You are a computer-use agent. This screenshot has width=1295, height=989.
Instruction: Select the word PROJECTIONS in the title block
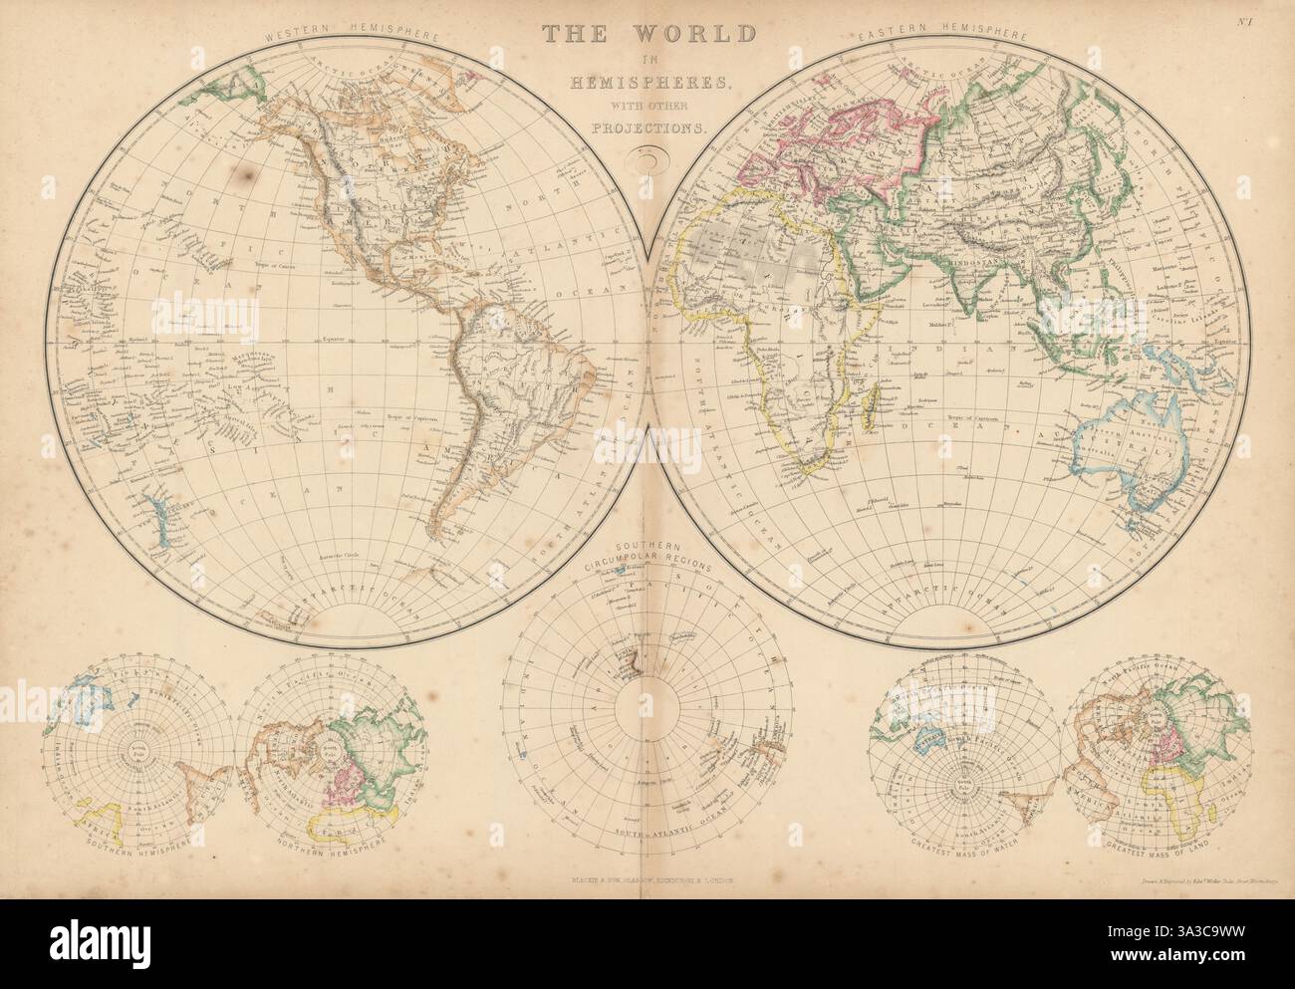coord(647,127)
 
